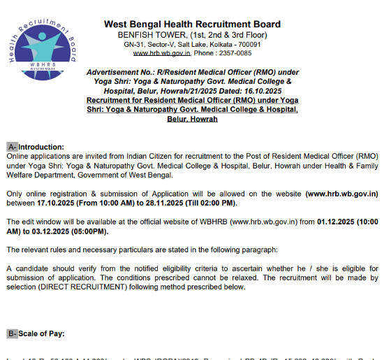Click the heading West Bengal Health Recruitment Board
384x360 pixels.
192,24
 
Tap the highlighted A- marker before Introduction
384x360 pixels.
12,147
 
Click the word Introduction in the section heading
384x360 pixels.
40,147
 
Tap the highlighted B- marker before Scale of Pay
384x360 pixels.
12,334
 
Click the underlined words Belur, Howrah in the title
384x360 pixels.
192,119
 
